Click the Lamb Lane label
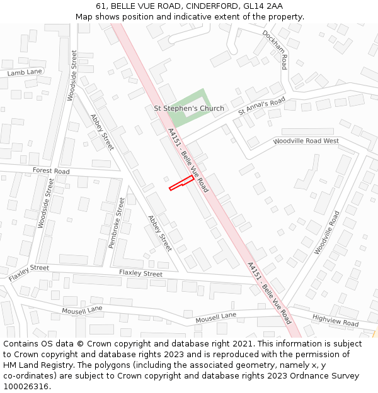(25, 73)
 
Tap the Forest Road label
(51, 171)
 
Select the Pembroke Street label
(117, 223)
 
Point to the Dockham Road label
(275, 50)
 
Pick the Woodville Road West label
(306, 141)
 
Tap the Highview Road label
(335, 321)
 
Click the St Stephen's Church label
(189, 108)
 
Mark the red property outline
(181, 183)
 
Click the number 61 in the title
(101, 6)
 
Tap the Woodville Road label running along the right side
(327, 232)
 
